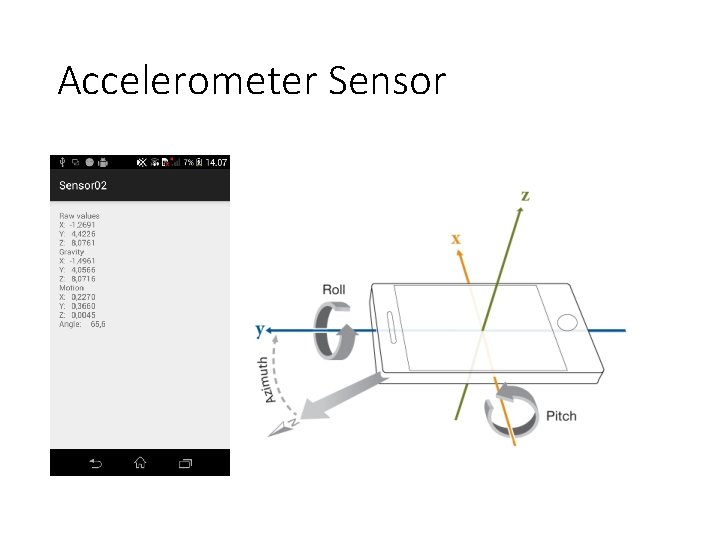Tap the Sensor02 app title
(x=83, y=185)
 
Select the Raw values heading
(x=79, y=216)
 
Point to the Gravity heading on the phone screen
(x=72, y=252)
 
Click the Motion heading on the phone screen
(x=72, y=288)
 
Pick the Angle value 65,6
(x=97, y=324)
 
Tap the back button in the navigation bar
(x=95, y=463)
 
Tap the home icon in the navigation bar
(x=140, y=463)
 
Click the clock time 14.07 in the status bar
(x=216, y=162)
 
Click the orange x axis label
(x=456, y=239)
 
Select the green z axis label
(x=524, y=195)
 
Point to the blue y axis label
(x=260, y=329)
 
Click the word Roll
(x=334, y=290)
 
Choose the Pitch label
(x=561, y=416)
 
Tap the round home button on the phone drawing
(x=567, y=322)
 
